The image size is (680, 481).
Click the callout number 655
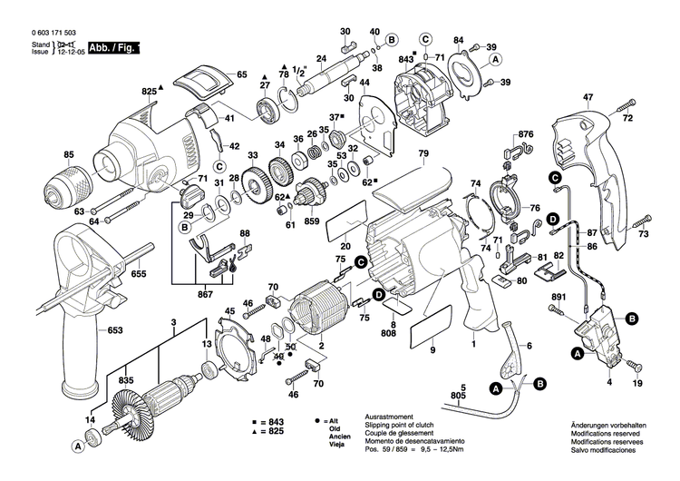[139, 273]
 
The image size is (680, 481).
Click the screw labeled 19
[636, 368]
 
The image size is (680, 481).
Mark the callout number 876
[526, 135]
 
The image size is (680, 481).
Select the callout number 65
[241, 74]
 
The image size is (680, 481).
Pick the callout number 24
[320, 61]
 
